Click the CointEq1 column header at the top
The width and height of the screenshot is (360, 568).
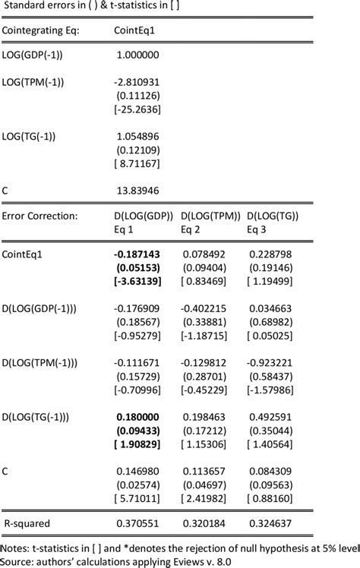(x=136, y=30)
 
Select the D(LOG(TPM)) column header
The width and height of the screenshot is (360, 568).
(x=207, y=216)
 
